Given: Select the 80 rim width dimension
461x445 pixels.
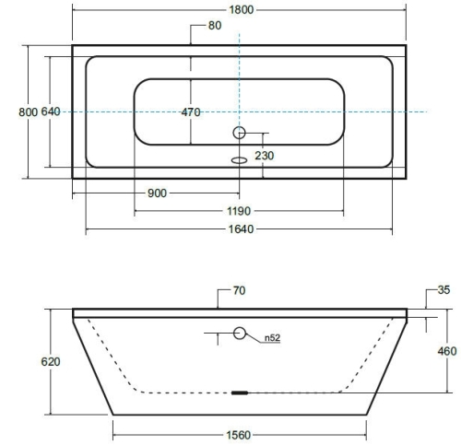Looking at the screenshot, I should (x=214, y=26).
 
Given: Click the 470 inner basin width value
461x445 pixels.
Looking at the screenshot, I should (x=191, y=111).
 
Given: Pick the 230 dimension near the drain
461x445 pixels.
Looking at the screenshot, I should (x=265, y=156).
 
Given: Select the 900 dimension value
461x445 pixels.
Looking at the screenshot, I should (x=156, y=193).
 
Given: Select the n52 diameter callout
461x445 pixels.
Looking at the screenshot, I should (x=272, y=338).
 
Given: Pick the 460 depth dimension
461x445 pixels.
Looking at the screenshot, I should (x=446, y=351).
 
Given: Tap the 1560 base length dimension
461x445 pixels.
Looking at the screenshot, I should (x=240, y=429).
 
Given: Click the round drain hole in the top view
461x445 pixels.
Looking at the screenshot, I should (x=240, y=133).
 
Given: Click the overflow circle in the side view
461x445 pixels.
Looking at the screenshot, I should (x=240, y=334).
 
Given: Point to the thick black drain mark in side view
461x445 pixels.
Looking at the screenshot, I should (x=240, y=391).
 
